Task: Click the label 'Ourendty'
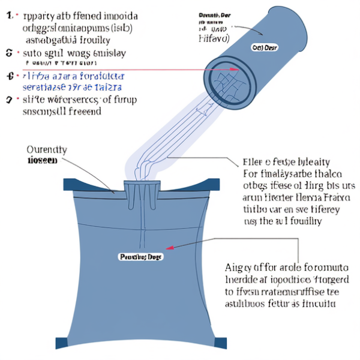tap(47, 149)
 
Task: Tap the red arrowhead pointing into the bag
tap(170, 247)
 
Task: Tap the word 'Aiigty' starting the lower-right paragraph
tap(238, 267)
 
